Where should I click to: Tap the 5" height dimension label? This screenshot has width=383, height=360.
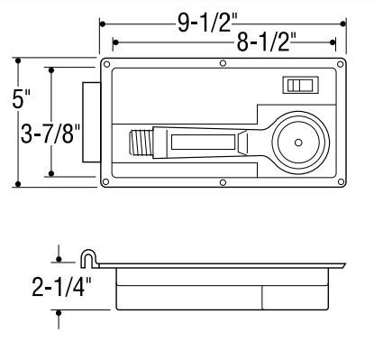[21, 98]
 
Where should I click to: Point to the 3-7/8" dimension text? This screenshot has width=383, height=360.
[50, 134]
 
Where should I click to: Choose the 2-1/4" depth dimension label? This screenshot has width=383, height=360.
[61, 287]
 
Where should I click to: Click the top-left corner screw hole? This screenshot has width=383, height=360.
[106, 64]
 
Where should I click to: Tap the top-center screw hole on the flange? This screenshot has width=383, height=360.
[223, 63]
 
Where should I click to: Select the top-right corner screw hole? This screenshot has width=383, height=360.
[341, 64]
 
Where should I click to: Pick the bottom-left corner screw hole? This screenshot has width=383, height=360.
[105, 181]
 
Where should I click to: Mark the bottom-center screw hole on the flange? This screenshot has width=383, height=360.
[223, 182]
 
